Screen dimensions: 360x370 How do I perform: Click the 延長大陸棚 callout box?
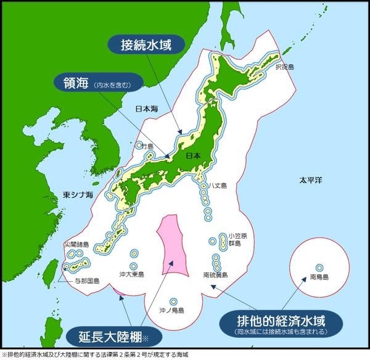point(115,336)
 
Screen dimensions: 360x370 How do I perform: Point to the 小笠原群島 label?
point(237,239)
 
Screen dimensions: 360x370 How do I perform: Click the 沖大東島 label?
point(131,274)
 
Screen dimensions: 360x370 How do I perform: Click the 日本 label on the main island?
point(194,156)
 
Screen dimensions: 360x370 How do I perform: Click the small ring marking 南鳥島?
point(319,267)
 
